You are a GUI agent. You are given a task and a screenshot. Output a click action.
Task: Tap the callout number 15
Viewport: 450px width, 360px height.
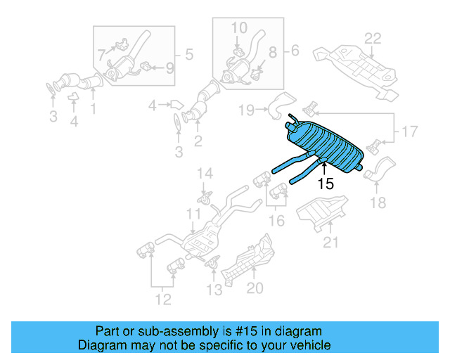325,185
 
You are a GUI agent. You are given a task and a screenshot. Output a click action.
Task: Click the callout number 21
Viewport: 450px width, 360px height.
330,243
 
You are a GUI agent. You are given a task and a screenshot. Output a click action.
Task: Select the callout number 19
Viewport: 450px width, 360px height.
245,110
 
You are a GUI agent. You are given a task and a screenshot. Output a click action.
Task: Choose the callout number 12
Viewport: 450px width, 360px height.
163,302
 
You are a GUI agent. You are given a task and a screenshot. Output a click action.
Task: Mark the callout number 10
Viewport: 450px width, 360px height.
239,27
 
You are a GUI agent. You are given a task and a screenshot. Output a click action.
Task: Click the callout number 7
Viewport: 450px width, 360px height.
102,53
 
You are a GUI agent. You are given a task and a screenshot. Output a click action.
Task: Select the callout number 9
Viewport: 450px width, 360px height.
169,69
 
